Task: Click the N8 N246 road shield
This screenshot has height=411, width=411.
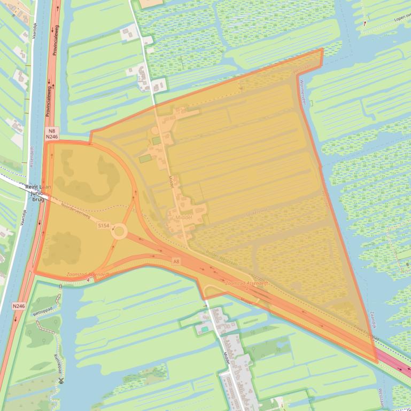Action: click(x=52, y=133)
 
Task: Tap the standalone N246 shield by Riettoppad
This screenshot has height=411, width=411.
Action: click(x=19, y=306)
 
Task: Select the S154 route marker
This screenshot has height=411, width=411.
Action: click(x=104, y=226)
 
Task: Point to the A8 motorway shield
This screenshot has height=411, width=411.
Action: click(x=176, y=261)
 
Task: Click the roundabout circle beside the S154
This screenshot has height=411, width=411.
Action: click(x=119, y=232)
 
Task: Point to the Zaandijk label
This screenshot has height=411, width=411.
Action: click(x=373, y=320)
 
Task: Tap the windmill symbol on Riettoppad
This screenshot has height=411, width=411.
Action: click(x=61, y=381)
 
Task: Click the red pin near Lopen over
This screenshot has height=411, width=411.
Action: click(x=366, y=23)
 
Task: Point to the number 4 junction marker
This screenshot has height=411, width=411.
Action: click(x=88, y=279)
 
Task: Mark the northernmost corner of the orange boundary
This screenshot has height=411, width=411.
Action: click(x=323, y=49)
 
